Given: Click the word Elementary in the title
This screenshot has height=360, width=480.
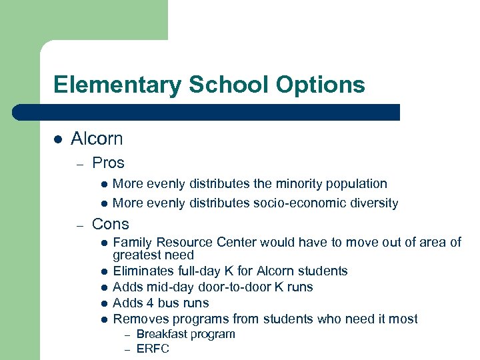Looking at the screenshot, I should (117, 85).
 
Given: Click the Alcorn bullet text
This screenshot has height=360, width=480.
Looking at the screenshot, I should (97, 139).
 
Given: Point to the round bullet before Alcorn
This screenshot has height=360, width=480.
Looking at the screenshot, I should (58, 139).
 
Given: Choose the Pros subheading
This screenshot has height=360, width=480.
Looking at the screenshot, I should (108, 163).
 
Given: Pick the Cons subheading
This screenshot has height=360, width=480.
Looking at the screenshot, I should (111, 224).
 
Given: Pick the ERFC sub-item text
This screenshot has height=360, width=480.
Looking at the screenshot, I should (153, 349).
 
